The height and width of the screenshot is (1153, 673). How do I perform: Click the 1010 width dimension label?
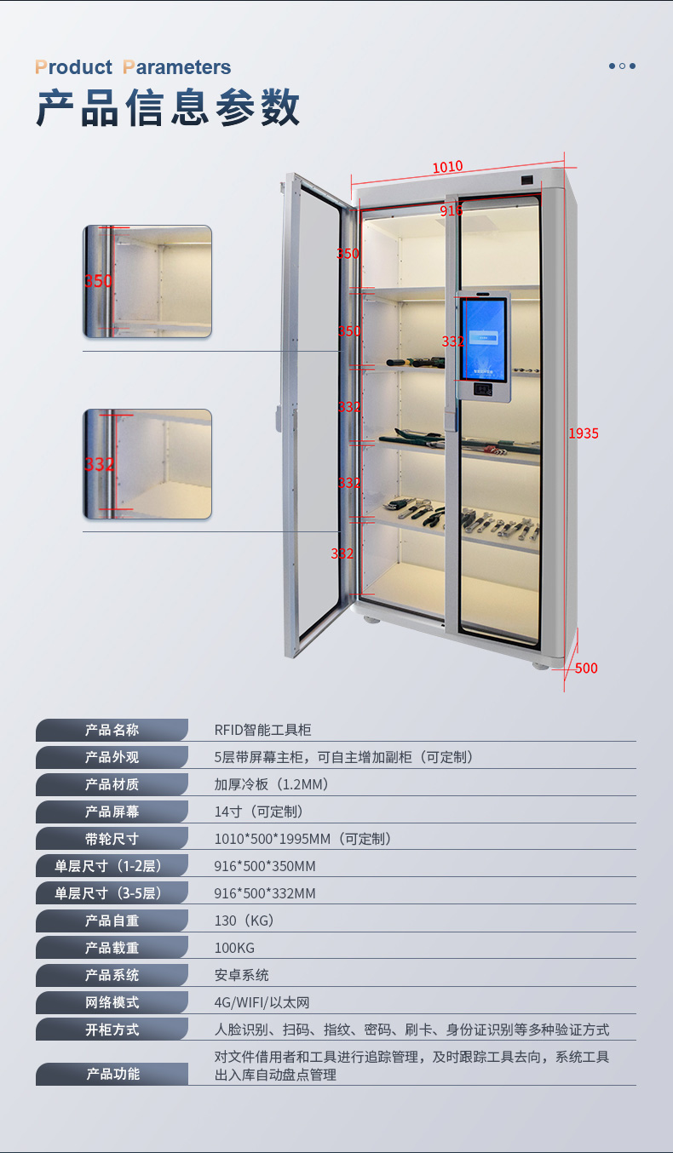click(x=447, y=166)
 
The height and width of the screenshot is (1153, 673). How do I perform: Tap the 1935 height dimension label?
click(x=584, y=433)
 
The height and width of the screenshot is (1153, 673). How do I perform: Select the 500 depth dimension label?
click(x=586, y=668)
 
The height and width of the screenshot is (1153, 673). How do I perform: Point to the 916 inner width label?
click(x=451, y=210)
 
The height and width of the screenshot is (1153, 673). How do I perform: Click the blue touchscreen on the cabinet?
click(x=483, y=340)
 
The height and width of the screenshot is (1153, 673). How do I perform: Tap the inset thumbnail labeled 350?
click(x=147, y=282)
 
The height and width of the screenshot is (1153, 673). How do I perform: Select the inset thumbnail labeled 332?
click(x=147, y=464)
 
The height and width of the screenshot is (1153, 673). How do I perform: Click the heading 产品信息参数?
click(x=168, y=107)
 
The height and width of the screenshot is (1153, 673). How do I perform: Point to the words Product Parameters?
click(x=133, y=67)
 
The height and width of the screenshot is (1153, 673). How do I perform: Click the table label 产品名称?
click(x=112, y=730)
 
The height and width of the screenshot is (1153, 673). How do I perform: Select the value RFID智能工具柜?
click(x=262, y=730)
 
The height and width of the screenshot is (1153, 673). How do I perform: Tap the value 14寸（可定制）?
click(x=258, y=812)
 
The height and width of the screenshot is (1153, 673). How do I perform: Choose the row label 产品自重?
click(x=112, y=921)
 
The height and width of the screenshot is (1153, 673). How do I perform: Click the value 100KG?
click(x=234, y=948)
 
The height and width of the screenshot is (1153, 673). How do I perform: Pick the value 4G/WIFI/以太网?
click(x=262, y=1002)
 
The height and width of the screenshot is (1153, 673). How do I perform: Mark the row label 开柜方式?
click(x=112, y=1030)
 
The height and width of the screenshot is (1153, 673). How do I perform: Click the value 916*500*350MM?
click(x=265, y=866)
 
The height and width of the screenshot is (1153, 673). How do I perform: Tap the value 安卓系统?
click(x=241, y=975)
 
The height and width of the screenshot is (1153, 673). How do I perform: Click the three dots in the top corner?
click(x=622, y=66)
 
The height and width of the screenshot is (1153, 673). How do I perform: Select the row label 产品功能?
click(x=112, y=1074)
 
